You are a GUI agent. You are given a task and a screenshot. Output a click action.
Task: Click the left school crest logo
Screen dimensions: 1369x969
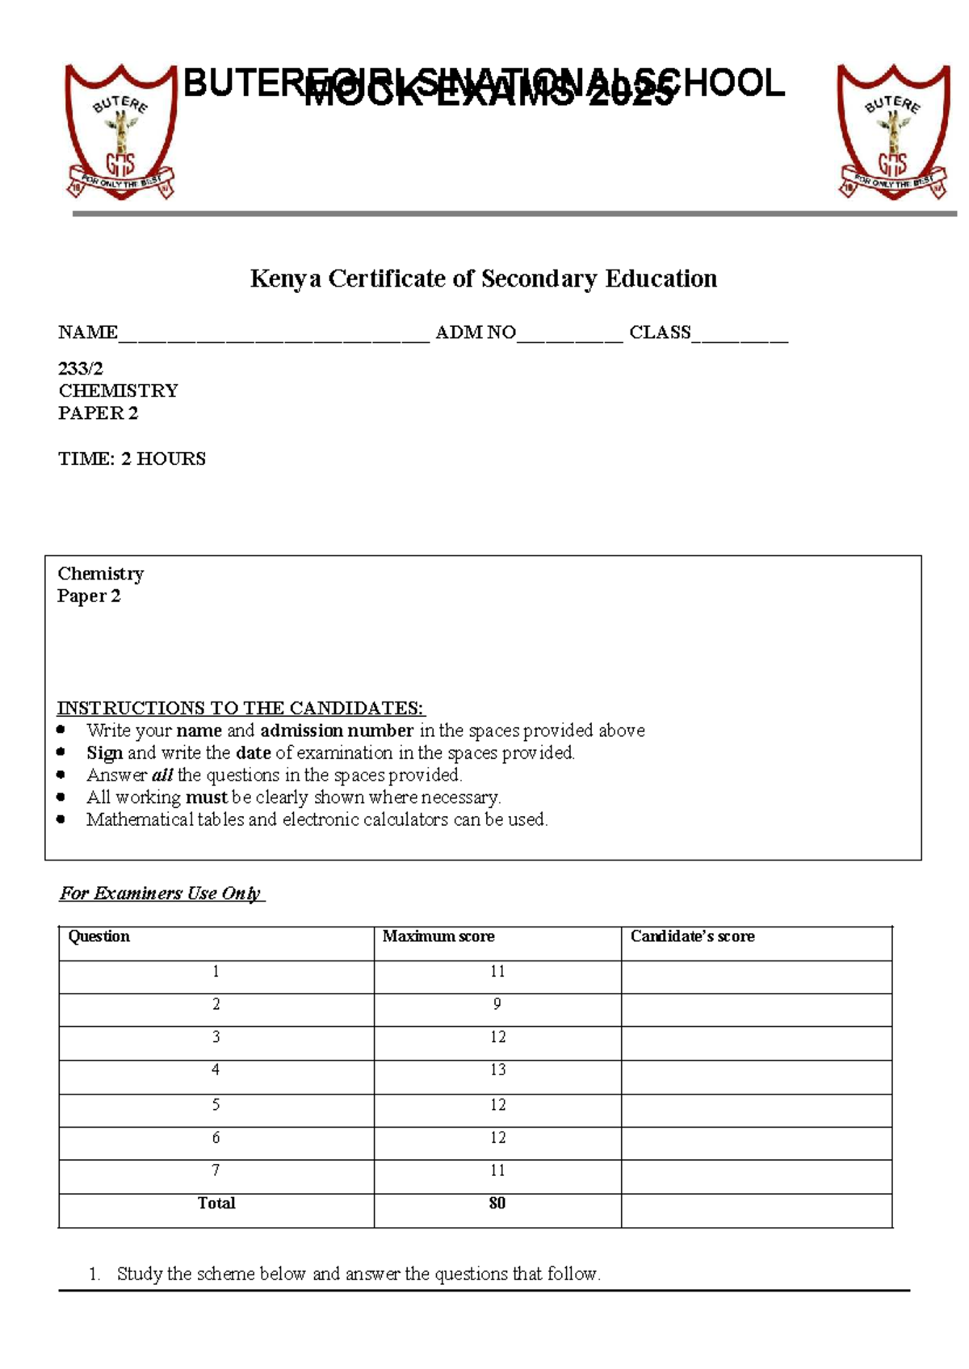tap(120, 132)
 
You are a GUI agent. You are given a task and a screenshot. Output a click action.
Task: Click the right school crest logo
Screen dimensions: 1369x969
tap(892, 132)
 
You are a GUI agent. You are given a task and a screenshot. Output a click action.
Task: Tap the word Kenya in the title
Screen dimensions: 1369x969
tap(285, 278)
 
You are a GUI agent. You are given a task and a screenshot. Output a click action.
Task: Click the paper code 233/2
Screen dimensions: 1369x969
tap(81, 369)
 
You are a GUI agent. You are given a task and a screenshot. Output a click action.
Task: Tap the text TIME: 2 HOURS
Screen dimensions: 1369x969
tap(132, 458)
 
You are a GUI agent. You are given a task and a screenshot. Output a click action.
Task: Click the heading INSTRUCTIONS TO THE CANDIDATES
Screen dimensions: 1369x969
tap(240, 708)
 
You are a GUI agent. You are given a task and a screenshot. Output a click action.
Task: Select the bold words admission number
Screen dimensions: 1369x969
tap(337, 731)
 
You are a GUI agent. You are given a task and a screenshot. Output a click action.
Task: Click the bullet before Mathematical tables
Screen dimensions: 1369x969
tap(61, 819)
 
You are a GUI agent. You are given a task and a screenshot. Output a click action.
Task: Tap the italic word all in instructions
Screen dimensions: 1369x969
tap(162, 775)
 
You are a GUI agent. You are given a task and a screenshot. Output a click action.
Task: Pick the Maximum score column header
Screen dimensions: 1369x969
tap(438, 936)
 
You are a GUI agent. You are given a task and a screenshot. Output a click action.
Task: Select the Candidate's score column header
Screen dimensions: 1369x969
tap(692, 936)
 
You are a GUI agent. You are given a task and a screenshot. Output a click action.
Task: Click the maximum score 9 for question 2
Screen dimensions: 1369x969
tap(497, 1004)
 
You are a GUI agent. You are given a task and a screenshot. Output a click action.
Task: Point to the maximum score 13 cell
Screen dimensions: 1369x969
tap(497, 1070)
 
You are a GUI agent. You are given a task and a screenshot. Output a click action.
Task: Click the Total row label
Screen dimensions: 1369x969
tap(216, 1204)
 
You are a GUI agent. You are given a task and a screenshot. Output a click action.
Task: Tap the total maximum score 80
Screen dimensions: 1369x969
tap(497, 1204)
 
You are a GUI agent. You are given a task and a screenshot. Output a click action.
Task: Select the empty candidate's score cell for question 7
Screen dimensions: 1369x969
tap(756, 1176)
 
